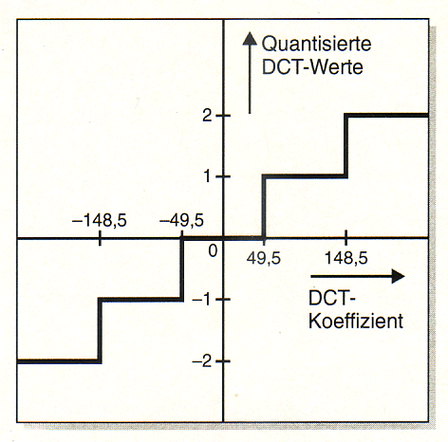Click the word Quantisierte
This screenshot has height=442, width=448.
click(x=316, y=44)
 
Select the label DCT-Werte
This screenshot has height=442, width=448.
click(x=312, y=67)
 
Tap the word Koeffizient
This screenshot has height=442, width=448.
click(x=356, y=322)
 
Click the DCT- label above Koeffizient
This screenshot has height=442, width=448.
click(x=332, y=298)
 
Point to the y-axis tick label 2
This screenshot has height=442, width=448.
click(x=207, y=116)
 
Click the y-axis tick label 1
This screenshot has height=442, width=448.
click(x=207, y=176)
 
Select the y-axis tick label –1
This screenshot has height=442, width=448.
click(x=201, y=299)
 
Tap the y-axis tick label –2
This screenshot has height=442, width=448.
click(x=201, y=360)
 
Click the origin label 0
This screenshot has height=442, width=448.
click(x=213, y=251)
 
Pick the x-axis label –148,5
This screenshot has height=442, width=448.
click(x=100, y=220)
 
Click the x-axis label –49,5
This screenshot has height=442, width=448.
click(x=181, y=220)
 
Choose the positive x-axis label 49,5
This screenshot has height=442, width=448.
click(x=264, y=258)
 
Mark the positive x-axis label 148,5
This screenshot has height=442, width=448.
click(x=346, y=258)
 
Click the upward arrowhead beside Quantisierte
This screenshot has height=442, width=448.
click(x=250, y=39)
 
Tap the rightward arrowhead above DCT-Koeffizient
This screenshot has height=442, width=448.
click(x=398, y=277)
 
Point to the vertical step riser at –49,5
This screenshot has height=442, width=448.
click(x=181, y=268)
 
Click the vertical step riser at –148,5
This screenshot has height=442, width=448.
click(x=100, y=330)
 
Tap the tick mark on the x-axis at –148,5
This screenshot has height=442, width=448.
click(x=100, y=238)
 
